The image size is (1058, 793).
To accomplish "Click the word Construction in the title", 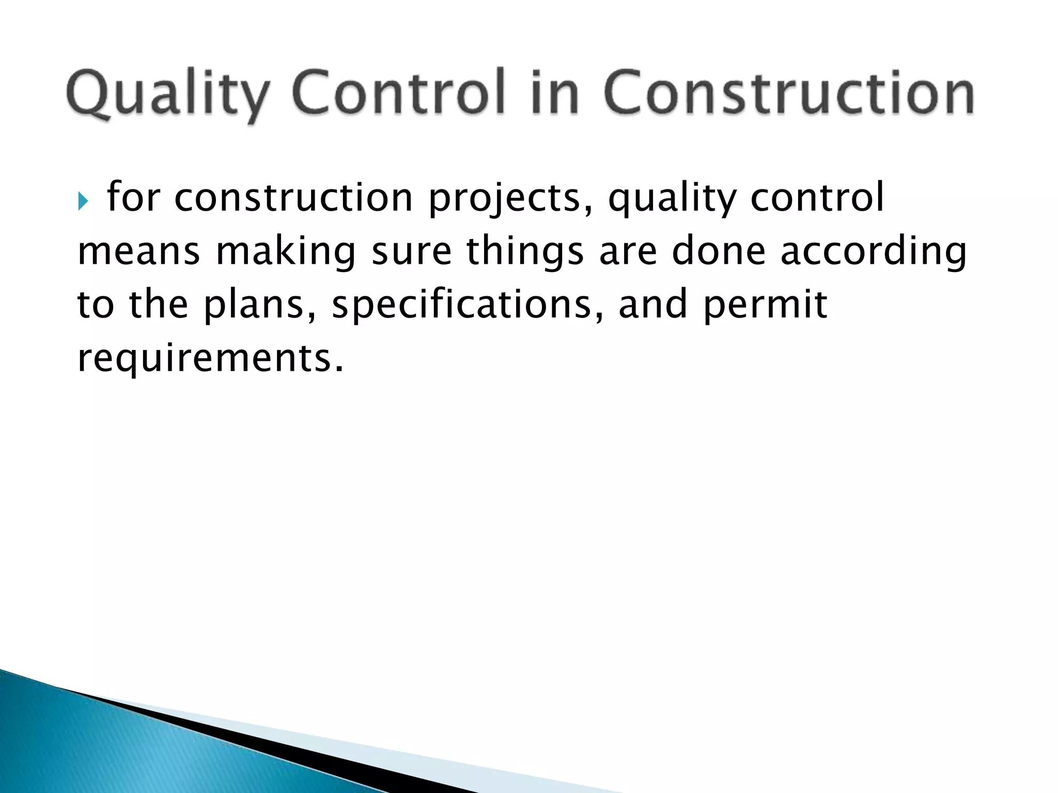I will point(789,93).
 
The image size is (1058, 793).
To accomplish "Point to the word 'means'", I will point(138,251).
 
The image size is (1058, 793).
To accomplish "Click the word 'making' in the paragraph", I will point(285,251).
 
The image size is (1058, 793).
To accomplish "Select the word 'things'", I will point(525,251).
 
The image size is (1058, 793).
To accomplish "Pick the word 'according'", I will point(873,251).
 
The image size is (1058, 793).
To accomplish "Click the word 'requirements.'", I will point(210,358).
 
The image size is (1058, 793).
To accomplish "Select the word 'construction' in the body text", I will point(293,198).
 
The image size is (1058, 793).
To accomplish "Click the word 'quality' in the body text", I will point(671,198).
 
